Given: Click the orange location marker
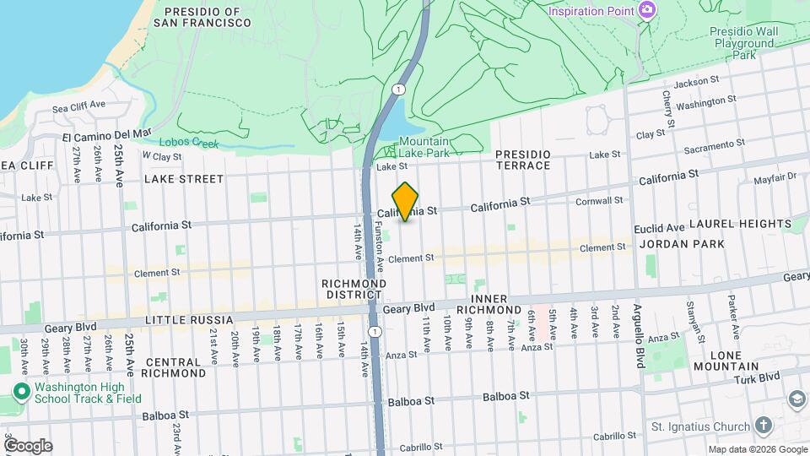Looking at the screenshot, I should [406, 202].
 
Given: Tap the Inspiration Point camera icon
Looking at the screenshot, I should [647, 10].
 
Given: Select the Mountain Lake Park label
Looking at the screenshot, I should [424, 147].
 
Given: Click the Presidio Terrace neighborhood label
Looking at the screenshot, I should [522, 160].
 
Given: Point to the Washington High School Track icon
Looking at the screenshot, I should [20, 392].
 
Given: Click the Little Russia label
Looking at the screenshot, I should [189, 320].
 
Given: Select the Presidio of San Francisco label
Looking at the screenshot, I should [202, 17].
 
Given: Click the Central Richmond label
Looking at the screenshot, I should [175, 367].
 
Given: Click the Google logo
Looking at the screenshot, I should [28, 445].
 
